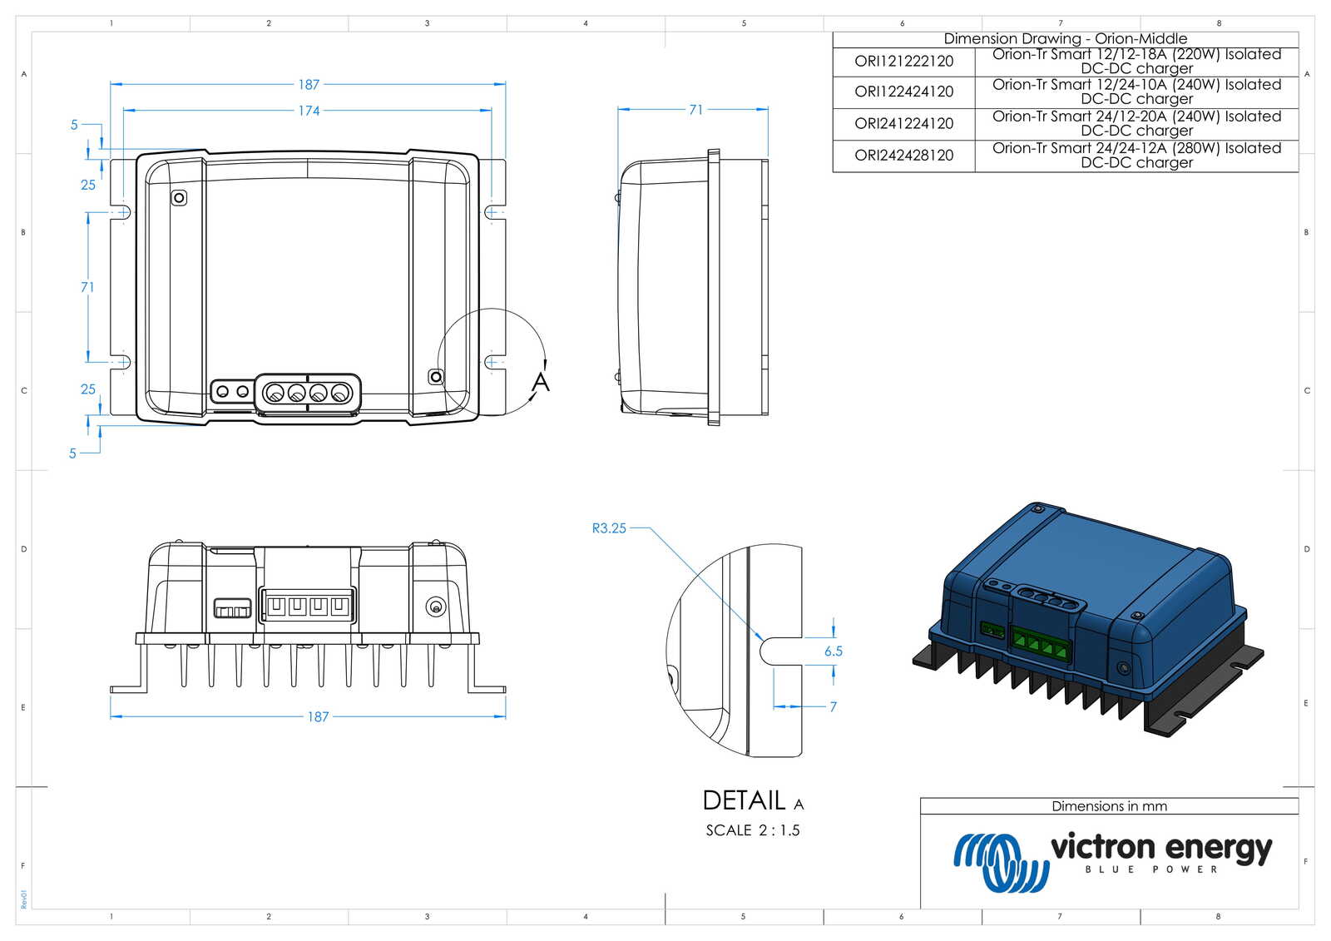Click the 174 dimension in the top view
[x=309, y=111]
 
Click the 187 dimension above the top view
[x=309, y=85]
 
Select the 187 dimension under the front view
[x=318, y=716]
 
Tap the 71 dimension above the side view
[x=695, y=110]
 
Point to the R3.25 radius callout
[x=609, y=528]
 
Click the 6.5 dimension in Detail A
[x=833, y=651]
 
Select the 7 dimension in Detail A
[x=833, y=706]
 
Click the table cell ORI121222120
[x=903, y=62]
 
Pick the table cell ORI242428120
[x=903, y=156]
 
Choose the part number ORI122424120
[x=903, y=92]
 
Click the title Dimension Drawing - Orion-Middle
[x=1065, y=39]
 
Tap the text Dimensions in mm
[x=1109, y=806]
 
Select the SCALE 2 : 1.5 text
[x=752, y=830]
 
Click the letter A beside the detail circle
[x=541, y=382]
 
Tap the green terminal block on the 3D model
[x=1040, y=645]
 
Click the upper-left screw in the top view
[x=179, y=198]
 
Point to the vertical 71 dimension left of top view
[x=87, y=287]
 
